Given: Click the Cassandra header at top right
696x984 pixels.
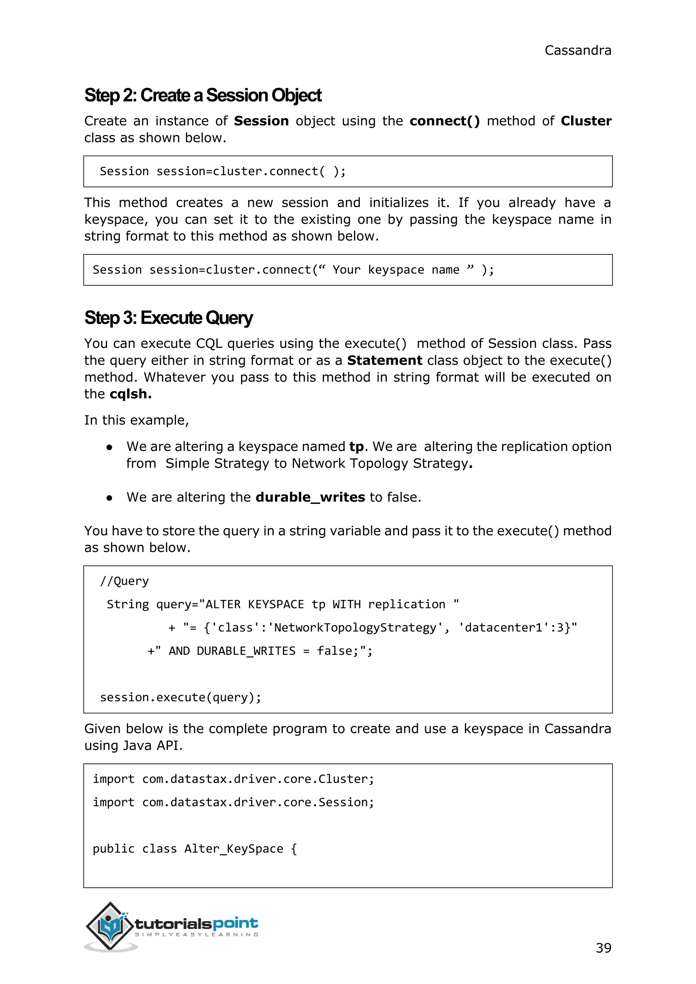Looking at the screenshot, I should tap(577, 51).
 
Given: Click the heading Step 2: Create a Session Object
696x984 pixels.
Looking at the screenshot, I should tap(203, 95).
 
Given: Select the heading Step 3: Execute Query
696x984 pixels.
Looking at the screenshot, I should tap(169, 318).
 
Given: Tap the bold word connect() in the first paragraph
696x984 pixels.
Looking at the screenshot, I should tap(445, 121).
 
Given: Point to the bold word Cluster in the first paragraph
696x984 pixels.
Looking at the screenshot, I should tap(586, 121).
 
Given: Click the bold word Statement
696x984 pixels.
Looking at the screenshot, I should tap(384, 361).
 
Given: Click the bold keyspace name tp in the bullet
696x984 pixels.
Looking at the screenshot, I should tap(356, 446).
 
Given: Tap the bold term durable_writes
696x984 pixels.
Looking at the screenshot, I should tap(310, 497).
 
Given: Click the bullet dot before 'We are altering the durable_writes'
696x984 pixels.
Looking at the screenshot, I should tap(109, 498).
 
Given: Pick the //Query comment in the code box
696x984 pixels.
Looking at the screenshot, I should tap(124, 581).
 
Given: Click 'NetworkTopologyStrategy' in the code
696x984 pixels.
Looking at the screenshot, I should tap(355, 628).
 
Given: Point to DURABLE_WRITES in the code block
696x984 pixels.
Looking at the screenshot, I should tap(246, 651).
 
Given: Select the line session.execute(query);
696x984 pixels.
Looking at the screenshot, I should tap(180, 697).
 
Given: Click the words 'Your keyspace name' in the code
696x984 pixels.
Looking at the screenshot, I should tap(396, 270).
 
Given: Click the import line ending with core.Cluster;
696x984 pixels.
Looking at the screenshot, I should tap(233, 779).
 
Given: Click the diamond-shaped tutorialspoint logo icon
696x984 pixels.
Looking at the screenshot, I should tap(110, 926).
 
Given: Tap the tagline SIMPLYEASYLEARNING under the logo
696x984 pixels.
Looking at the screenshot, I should tap(197, 935).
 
